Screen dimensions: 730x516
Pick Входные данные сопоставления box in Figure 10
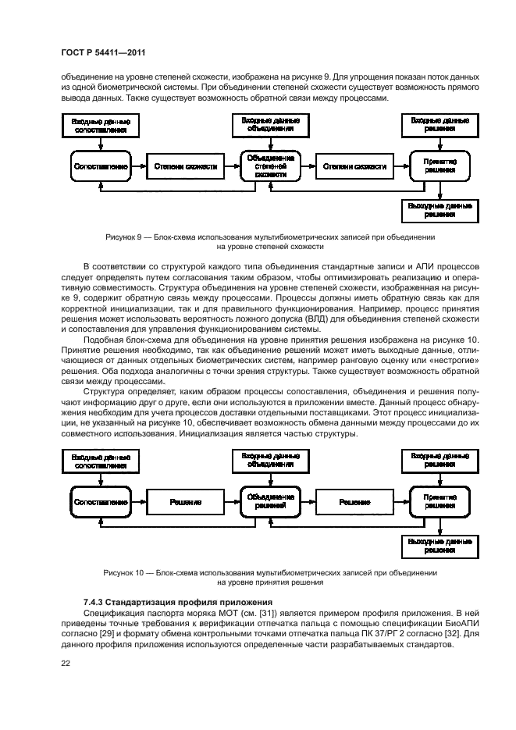click(x=101, y=459)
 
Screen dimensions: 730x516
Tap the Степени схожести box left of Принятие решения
click(x=354, y=166)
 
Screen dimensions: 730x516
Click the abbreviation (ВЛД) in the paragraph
click(x=318, y=319)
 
